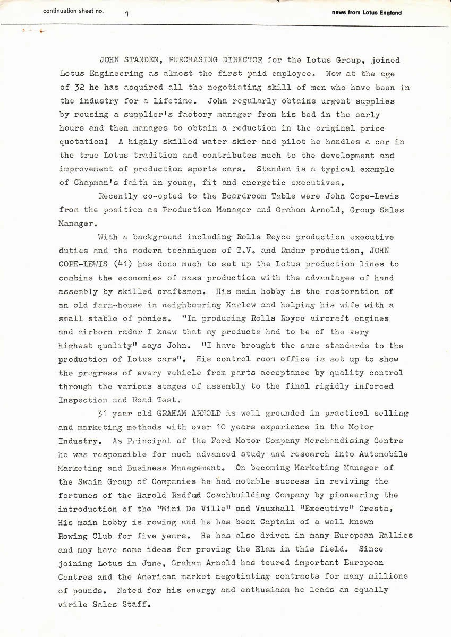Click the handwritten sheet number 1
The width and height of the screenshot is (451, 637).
pyautogui.click(x=127, y=14)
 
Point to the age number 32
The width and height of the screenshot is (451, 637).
pyautogui.click(x=84, y=88)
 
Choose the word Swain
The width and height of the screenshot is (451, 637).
pyautogui.click(x=100, y=481)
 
